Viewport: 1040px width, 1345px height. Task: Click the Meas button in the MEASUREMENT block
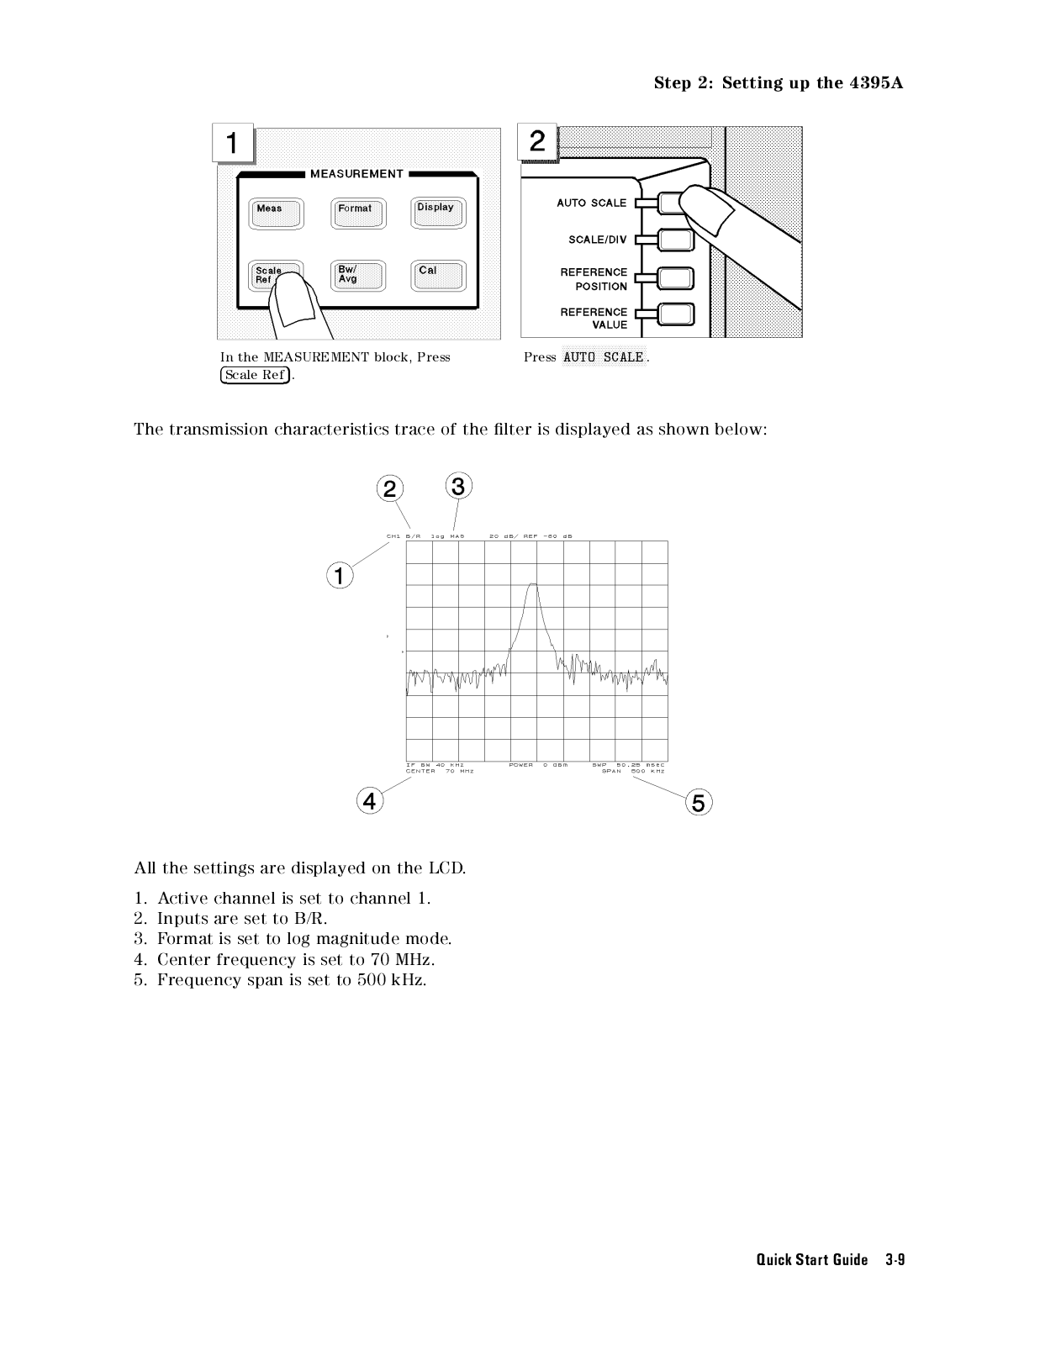coord(276,214)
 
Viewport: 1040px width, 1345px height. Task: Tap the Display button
coord(437,213)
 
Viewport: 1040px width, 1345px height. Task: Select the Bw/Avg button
coord(357,276)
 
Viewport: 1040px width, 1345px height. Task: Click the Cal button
coord(437,276)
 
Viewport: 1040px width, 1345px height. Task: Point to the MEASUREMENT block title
coord(356,174)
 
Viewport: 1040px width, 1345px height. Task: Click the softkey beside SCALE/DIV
coord(676,240)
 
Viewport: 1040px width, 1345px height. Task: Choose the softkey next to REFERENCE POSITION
coord(676,278)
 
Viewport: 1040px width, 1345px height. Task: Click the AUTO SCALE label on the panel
coord(591,203)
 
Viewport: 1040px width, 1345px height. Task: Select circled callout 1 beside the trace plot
coord(339,576)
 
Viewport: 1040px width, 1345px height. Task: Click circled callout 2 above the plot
coord(389,488)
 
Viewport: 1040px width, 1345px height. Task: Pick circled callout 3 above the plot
coord(457,486)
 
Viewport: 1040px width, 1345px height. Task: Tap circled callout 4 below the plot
coord(369,801)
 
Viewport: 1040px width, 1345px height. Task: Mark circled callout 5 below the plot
coord(699,803)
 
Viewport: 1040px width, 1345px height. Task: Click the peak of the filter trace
coord(532,584)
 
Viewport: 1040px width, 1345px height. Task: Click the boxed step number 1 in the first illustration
coord(232,143)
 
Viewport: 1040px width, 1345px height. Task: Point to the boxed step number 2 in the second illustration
coord(537,140)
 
